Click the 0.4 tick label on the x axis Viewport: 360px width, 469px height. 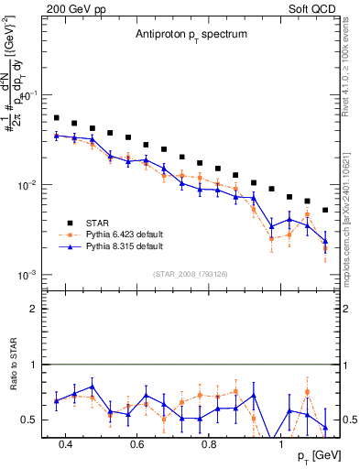pyautogui.click(x=65, y=444)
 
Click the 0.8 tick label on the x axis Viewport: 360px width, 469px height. pyautogui.click(x=209, y=444)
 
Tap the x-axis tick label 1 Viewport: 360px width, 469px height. pyautogui.click(x=281, y=444)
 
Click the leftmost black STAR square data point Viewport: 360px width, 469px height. pyautogui.click(x=57, y=118)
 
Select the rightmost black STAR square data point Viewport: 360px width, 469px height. pyautogui.click(x=325, y=210)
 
